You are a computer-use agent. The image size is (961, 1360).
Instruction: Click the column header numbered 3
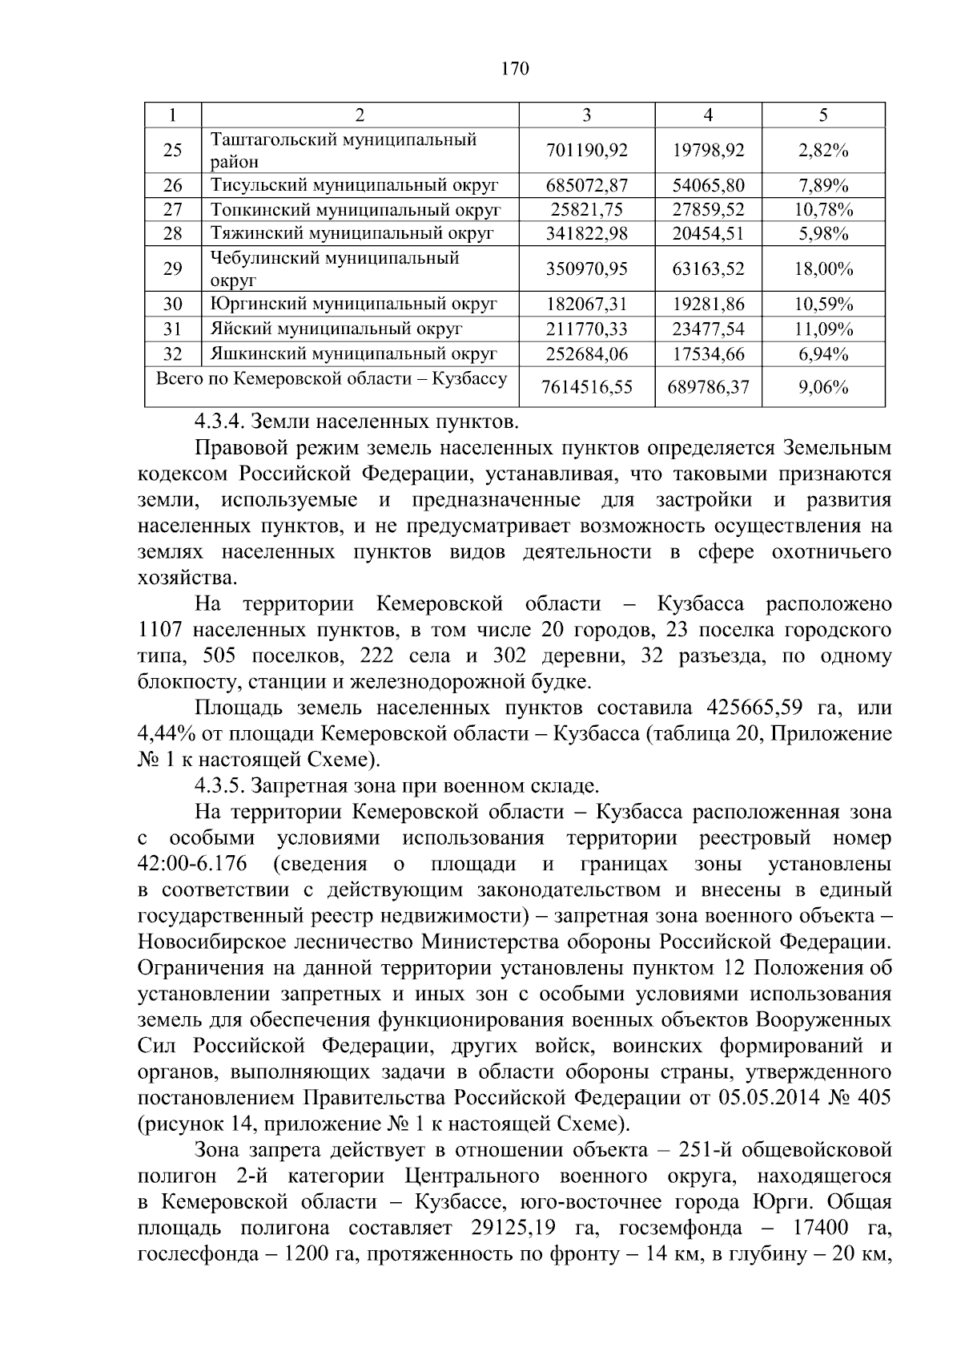(586, 115)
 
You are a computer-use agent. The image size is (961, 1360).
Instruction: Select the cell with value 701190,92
(586, 151)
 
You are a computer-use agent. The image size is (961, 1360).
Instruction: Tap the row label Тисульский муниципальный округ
(354, 186)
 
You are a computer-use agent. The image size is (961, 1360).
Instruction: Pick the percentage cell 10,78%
(823, 211)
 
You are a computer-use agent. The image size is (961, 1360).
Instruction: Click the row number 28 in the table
(172, 234)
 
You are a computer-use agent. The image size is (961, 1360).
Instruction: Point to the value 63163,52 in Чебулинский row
(708, 269)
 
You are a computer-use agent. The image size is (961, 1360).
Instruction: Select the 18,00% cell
(823, 269)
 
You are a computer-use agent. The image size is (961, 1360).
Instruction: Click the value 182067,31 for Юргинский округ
(586, 305)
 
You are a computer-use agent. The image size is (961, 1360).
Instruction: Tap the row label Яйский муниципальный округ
(336, 329)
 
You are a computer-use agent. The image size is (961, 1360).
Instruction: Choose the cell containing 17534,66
(708, 354)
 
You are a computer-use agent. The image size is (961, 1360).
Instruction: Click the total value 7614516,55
(586, 388)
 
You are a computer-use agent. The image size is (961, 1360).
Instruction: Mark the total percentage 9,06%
(823, 388)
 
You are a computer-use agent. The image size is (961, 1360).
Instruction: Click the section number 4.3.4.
(221, 421)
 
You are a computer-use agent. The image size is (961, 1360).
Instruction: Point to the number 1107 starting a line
(161, 630)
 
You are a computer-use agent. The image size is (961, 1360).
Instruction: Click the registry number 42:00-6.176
(192, 865)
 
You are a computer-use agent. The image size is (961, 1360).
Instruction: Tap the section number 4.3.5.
(221, 786)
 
